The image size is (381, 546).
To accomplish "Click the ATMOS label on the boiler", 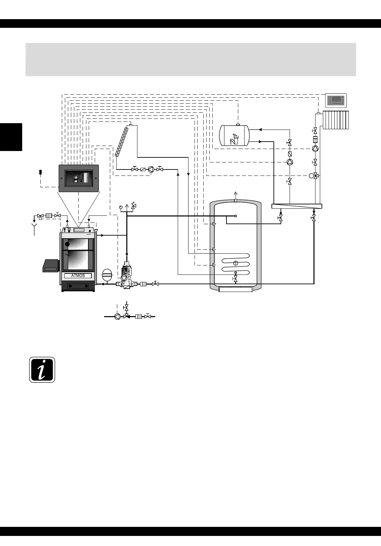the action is (x=78, y=276).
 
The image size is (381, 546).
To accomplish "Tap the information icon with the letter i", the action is (x=42, y=369).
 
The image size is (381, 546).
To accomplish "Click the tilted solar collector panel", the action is (x=122, y=141).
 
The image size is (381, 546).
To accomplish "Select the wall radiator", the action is (x=336, y=120).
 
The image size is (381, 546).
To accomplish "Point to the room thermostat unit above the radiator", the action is (x=336, y=100).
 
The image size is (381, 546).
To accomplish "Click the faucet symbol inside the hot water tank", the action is (x=234, y=139).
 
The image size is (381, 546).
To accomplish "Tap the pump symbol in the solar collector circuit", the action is (x=151, y=169).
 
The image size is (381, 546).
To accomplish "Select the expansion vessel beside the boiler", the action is (x=107, y=274).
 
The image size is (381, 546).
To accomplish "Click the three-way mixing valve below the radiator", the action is (x=315, y=176).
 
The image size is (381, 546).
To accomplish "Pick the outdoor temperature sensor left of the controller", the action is (x=40, y=172).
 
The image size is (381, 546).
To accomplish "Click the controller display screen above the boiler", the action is (x=79, y=178).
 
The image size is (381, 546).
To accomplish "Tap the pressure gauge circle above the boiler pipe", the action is (x=121, y=207).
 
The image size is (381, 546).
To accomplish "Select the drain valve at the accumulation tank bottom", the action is (x=236, y=278).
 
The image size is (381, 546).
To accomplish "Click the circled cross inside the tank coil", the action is (x=236, y=263).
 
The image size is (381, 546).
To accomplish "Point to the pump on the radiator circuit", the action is (x=315, y=148).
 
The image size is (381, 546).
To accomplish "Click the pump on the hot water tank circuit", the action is (x=290, y=162).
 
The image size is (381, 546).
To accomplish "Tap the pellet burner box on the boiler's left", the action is (x=51, y=266).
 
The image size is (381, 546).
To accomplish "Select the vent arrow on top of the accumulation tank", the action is (x=236, y=195).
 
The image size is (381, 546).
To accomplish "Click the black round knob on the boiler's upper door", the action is (x=68, y=244).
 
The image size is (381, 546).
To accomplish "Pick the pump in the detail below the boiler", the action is (x=118, y=316).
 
